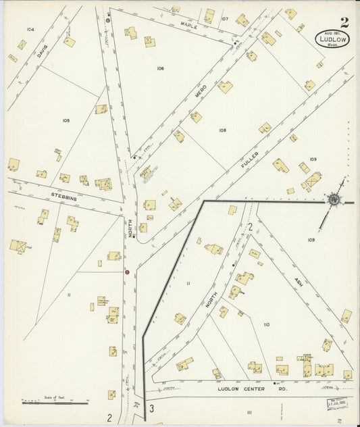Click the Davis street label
[x=43, y=51]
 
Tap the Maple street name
[x=188, y=25]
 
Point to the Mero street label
[x=200, y=93]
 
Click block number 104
[x=30, y=30]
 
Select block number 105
[x=66, y=120]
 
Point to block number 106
[x=160, y=68]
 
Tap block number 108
[x=222, y=130]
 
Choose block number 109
[x=311, y=240]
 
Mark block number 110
[x=266, y=324]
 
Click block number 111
[x=249, y=411]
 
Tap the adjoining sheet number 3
[x=152, y=408]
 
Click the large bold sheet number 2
[x=344, y=23]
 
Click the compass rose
[x=334, y=199]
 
